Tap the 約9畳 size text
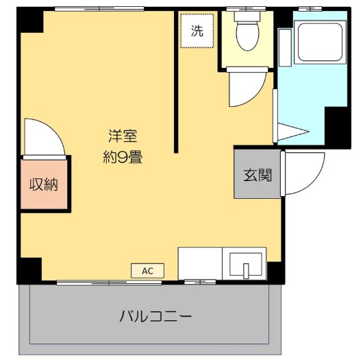[123, 156]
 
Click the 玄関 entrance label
[258, 174]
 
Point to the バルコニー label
[155, 317]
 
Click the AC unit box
[147, 270]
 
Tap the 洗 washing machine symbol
[197, 31]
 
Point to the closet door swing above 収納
[42, 137]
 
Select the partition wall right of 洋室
[176, 82]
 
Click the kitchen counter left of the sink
[200, 263]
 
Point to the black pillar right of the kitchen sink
[275, 272]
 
